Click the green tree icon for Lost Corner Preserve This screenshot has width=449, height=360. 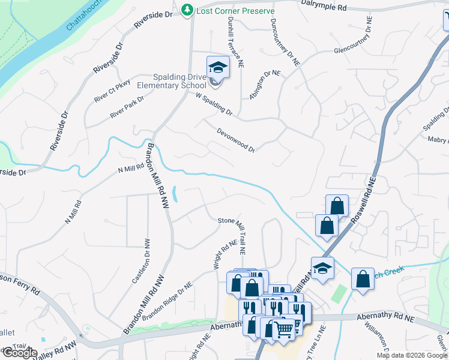(x=188, y=10)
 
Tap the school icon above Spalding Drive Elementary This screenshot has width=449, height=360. (x=218, y=67)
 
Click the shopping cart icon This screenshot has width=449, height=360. (x=284, y=329)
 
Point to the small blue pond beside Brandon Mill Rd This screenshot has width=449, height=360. (x=174, y=193)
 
